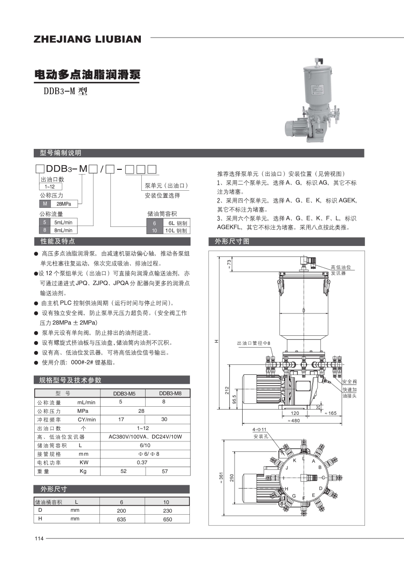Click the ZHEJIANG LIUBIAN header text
(x=88, y=39)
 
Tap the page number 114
(x=39, y=538)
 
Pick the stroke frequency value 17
(x=121, y=420)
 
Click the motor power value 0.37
(x=141, y=462)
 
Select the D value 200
(x=121, y=510)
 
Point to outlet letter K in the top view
(x=295, y=461)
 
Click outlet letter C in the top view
(x=324, y=478)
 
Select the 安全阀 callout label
(x=349, y=382)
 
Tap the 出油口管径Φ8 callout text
(x=254, y=343)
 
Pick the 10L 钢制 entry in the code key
(x=175, y=231)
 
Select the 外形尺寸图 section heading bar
(x=287, y=242)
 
